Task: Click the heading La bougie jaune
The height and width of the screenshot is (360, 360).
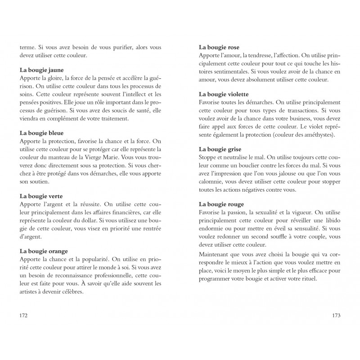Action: (x=42, y=70)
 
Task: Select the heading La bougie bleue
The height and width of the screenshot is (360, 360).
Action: (x=42, y=133)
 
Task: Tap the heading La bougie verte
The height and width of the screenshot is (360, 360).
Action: (x=41, y=196)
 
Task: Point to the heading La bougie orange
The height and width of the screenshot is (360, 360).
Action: (x=44, y=251)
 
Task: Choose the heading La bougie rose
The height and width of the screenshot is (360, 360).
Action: (x=219, y=47)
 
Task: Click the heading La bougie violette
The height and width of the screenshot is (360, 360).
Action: (x=224, y=94)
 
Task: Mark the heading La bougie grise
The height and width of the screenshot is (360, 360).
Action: (x=220, y=149)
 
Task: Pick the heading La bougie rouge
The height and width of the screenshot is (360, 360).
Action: (x=221, y=204)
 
